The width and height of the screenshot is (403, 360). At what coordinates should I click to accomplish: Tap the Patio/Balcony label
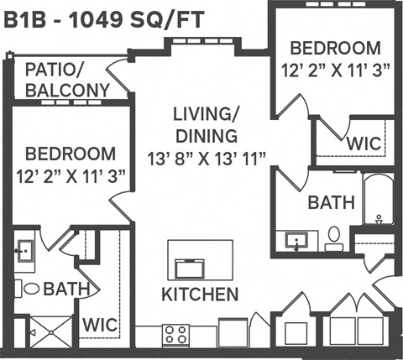pos(67,81)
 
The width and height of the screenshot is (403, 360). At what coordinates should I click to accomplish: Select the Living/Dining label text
pos(206,124)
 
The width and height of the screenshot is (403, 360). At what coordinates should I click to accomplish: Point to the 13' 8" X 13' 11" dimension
pos(206,156)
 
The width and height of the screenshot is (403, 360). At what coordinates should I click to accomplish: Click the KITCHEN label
pos(200,295)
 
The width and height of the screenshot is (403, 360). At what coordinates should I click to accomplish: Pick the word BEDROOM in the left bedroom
pos(70,154)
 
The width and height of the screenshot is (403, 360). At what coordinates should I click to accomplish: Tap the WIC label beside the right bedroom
pos(363,143)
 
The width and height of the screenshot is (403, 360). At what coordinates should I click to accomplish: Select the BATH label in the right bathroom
pos(331,203)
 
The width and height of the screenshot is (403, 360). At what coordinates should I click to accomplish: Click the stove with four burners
pos(176,335)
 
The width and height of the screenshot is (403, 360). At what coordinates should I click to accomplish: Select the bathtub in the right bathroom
pos(378,201)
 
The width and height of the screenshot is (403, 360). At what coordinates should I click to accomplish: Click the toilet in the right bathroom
pos(334,237)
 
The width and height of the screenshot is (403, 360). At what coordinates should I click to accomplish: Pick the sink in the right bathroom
pos(296,241)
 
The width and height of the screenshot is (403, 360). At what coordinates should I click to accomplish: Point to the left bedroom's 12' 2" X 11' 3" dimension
pos(70,176)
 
